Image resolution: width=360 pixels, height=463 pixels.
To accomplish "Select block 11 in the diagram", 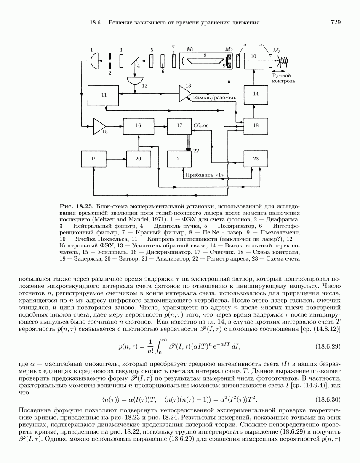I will coord(104,95).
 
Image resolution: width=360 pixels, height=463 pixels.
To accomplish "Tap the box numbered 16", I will coord(138,126).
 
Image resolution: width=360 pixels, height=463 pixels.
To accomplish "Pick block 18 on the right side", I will coord(256,126).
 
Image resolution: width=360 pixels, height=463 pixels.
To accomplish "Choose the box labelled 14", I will coord(256,94).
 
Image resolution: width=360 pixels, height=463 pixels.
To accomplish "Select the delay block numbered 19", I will coord(93,159).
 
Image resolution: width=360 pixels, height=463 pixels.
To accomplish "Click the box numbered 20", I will coord(138,159).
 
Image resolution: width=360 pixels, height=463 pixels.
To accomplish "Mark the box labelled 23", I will coord(256,159).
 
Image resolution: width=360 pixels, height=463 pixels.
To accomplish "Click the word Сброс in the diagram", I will coord(201,125).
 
